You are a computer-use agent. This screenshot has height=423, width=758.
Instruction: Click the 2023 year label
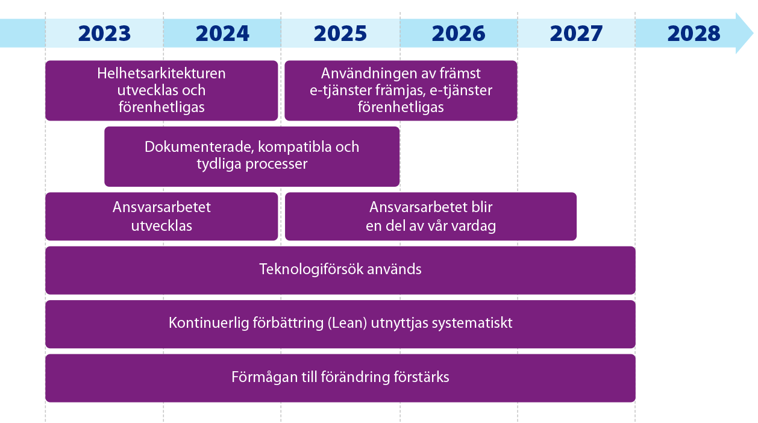(x=104, y=34)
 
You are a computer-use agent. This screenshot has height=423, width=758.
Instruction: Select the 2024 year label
(x=222, y=34)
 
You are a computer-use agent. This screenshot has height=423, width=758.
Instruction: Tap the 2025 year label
(x=340, y=34)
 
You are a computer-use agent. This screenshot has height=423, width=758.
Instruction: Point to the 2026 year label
(x=458, y=34)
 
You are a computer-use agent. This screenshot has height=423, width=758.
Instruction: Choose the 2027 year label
(x=576, y=34)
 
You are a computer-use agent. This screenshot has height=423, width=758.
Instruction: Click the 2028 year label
(x=694, y=34)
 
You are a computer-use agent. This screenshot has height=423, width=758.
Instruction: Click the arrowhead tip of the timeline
(x=754, y=33)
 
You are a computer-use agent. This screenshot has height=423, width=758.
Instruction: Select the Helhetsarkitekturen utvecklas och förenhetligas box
(x=161, y=90)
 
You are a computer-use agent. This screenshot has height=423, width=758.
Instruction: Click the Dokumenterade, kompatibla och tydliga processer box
(x=252, y=156)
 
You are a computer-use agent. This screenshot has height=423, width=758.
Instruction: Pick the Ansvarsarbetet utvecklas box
(x=161, y=216)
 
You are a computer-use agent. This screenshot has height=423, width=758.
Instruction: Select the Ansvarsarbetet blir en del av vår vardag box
(x=430, y=216)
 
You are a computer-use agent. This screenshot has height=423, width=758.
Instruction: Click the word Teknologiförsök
(x=312, y=269)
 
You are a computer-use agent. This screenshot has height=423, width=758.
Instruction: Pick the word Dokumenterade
(x=199, y=147)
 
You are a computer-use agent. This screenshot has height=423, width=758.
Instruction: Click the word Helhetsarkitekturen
(x=161, y=74)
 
